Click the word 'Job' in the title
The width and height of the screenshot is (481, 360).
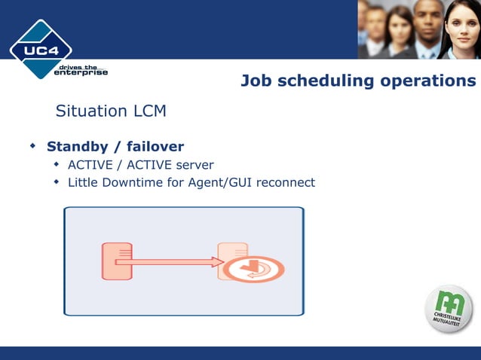click(256, 81)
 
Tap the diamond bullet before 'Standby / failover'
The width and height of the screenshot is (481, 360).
click(32, 145)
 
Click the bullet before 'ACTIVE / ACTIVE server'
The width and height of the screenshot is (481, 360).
click(56, 164)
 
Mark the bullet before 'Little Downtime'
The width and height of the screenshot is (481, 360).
click(56, 182)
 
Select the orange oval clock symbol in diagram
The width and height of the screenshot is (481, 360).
click(253, 269)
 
